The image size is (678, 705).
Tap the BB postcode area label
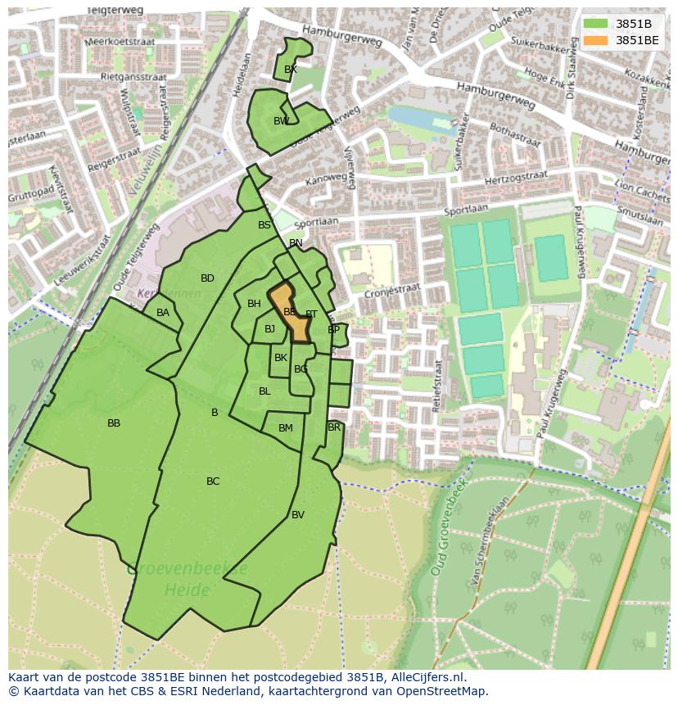(114, 423)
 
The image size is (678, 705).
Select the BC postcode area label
(213, 481)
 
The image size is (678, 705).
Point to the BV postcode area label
(298, 515)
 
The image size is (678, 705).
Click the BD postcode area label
(207, 278)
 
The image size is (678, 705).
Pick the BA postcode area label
(163, 313)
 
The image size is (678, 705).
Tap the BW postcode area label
(281, 121)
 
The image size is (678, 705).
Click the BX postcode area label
(290, 70)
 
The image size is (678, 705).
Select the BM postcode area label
(285, 428)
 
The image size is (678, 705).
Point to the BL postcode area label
(264, 391)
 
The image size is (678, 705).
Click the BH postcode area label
(254, 304)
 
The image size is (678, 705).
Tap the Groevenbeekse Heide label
(187, 578)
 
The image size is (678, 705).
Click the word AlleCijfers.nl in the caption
(425, 677)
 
